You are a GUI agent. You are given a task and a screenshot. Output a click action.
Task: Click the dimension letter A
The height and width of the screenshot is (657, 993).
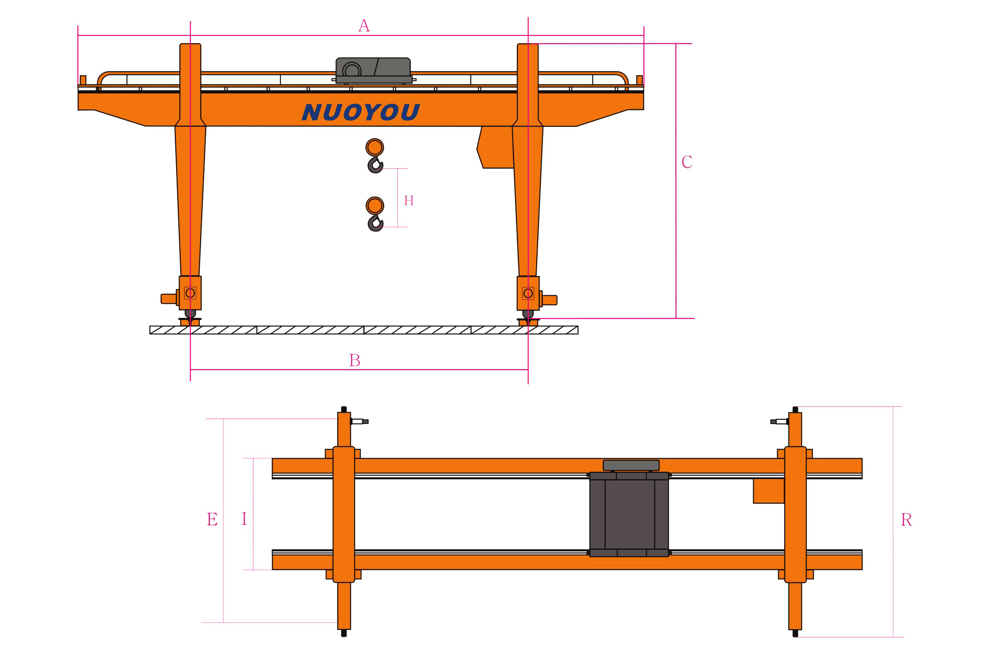[364, 26]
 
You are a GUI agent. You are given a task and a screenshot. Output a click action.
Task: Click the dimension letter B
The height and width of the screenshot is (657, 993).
[355, 361]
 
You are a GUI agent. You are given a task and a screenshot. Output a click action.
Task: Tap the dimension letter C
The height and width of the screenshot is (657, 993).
[687, 162]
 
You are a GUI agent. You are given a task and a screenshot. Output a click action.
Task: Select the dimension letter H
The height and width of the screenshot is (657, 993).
[409, 201]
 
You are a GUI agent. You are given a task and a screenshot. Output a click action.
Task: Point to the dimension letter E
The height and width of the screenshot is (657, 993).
[212, 520]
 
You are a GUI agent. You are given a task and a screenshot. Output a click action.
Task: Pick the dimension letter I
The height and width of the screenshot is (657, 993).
[244, 519]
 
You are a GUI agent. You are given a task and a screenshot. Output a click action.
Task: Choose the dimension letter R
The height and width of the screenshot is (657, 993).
[906, 520]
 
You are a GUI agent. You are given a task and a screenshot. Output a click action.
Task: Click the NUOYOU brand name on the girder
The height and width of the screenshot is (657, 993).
[361, 112]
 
